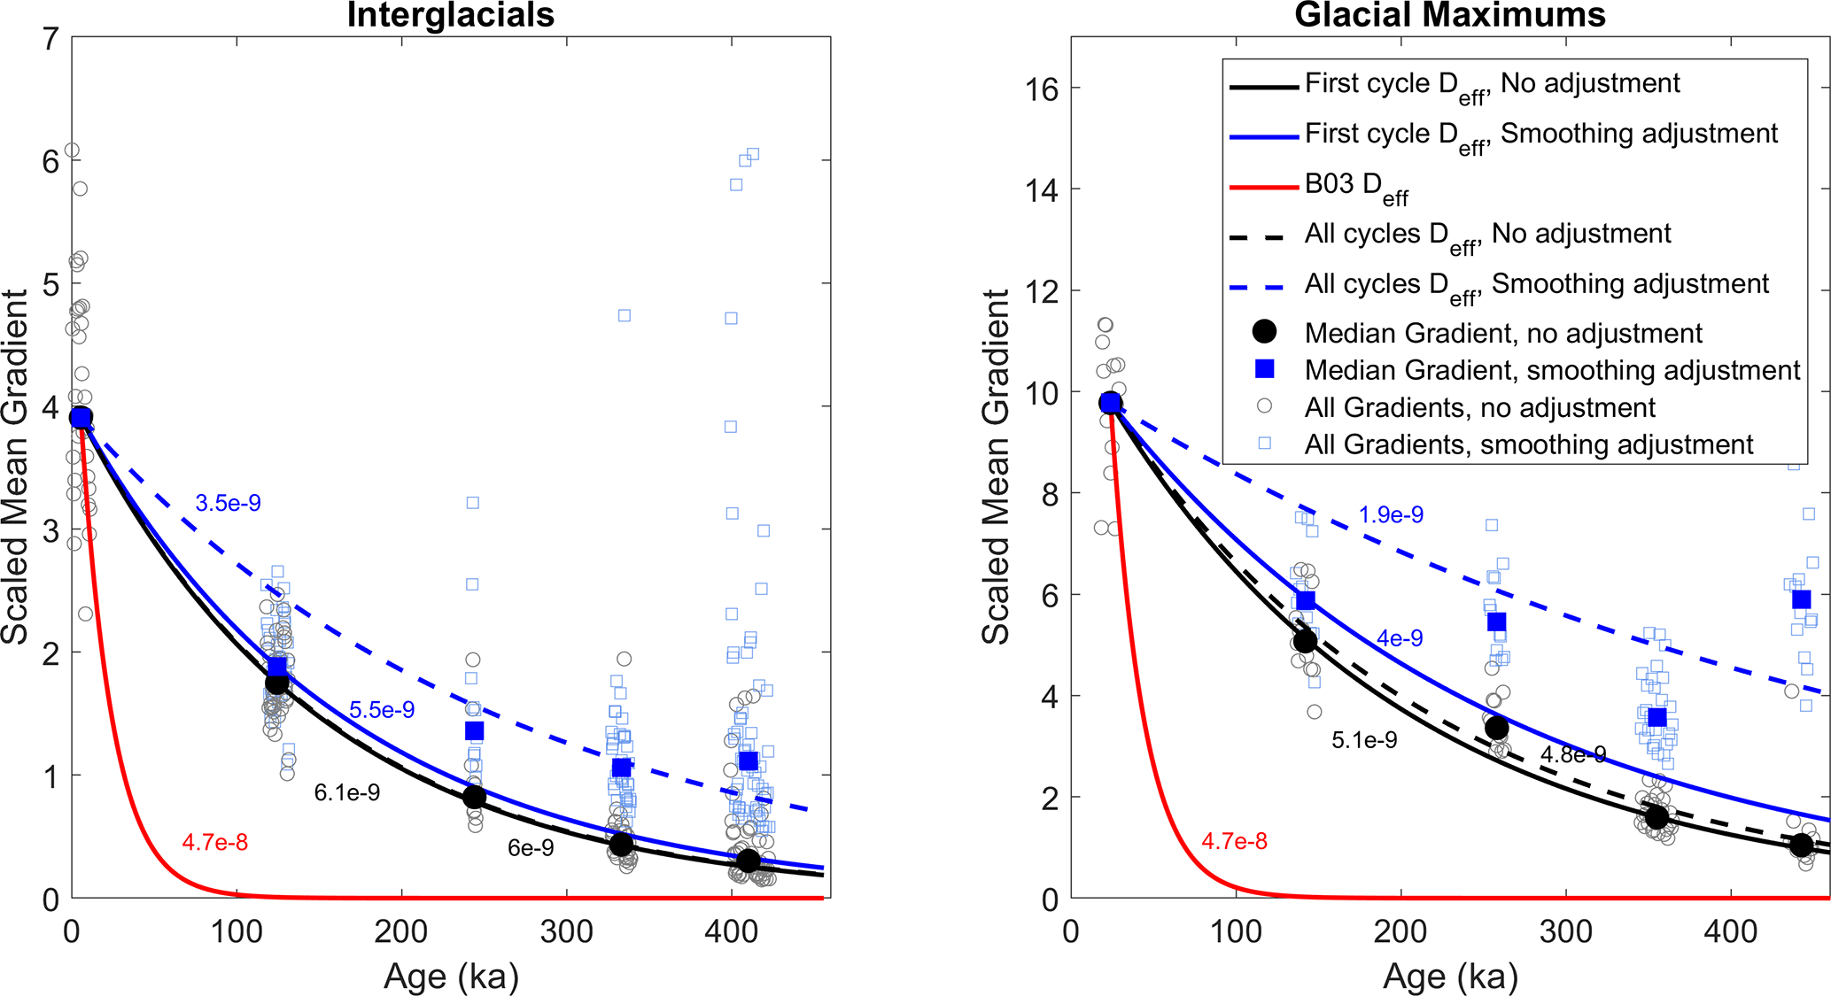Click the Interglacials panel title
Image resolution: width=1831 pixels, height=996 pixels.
pyautogui.click(x=450, y=16)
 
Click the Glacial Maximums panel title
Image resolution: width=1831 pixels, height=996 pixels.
pyautogui.click(x=1450, y=16)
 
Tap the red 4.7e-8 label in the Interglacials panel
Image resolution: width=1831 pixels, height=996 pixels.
pyautogui.click(x=215, y=843)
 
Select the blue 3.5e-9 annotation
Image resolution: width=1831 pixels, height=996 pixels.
pyautogui.click(x=229, y=504)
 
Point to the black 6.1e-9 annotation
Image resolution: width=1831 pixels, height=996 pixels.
pyautogui.click(x=347, y=793)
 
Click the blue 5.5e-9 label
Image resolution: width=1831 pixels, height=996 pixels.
pyautogui.click(x=382, y=710)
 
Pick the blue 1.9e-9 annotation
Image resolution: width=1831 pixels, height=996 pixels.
pyautogui.click(x=1391, y=515)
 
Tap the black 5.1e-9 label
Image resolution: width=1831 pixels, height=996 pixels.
pyautogui.click(x=1364, y=740)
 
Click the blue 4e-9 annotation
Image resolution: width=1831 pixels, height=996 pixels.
pyautogui.click(x=1400, y=638)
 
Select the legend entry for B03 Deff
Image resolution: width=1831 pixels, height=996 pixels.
pyautogui.click(x=1355, y=185)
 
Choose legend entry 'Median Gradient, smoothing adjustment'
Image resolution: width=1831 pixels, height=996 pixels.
pyautogui.click(x=1552, y=370)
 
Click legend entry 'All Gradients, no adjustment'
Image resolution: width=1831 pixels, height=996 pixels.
pyautogui.click(x=1479, y=407)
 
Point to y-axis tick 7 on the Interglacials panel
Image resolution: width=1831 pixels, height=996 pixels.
pyautogui.click(x=51, y=38)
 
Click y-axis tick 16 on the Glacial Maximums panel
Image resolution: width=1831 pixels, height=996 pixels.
pyautogui.click(x=1041, y=89)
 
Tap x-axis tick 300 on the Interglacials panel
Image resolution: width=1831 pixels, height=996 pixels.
pyautogui.click(x=566, y=932)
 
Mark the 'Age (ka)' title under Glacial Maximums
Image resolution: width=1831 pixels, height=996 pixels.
pyautogui.click(x=1450, y=977)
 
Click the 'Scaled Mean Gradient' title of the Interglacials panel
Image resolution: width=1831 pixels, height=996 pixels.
pyautogui.click(x=16, y=467)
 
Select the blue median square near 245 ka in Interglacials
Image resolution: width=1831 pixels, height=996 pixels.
pyautogui.click(x=474, y=731)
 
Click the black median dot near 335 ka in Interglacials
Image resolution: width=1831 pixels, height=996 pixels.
pyautogui.click(x=622, y=845)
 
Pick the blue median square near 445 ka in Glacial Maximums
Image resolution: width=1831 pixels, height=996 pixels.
pyautogui.click(x=1801, y=600)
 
